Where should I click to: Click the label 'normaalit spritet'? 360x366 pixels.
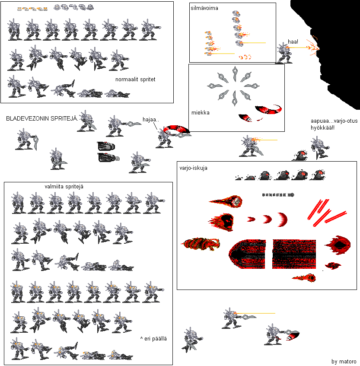pyautogui.click(x=135, y=80)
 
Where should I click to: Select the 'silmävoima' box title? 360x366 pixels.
pyautogui.click(x=204, y=8)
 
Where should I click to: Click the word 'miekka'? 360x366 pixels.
pyautogui.click(x=200, y=113)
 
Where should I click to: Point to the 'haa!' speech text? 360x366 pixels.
pyautogui.click(x=293, y=42)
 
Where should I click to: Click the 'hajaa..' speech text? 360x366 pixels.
pyautogui.click(x=150, y=120)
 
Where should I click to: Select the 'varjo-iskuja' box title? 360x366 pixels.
pyautogui.click(x=193, y=168)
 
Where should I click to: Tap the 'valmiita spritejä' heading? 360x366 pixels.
pyautogui.click(x=64, y=187)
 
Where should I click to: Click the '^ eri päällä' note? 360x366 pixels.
pyautogui.click(x=153, y=339)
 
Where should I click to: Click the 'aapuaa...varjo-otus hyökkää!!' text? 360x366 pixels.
pyautogui.click(x=328, y=124)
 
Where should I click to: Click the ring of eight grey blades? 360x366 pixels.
pyautogui.click(x=234, y=86)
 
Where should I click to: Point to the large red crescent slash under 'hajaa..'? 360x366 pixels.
pyautogui.click(x=176, y=129)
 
